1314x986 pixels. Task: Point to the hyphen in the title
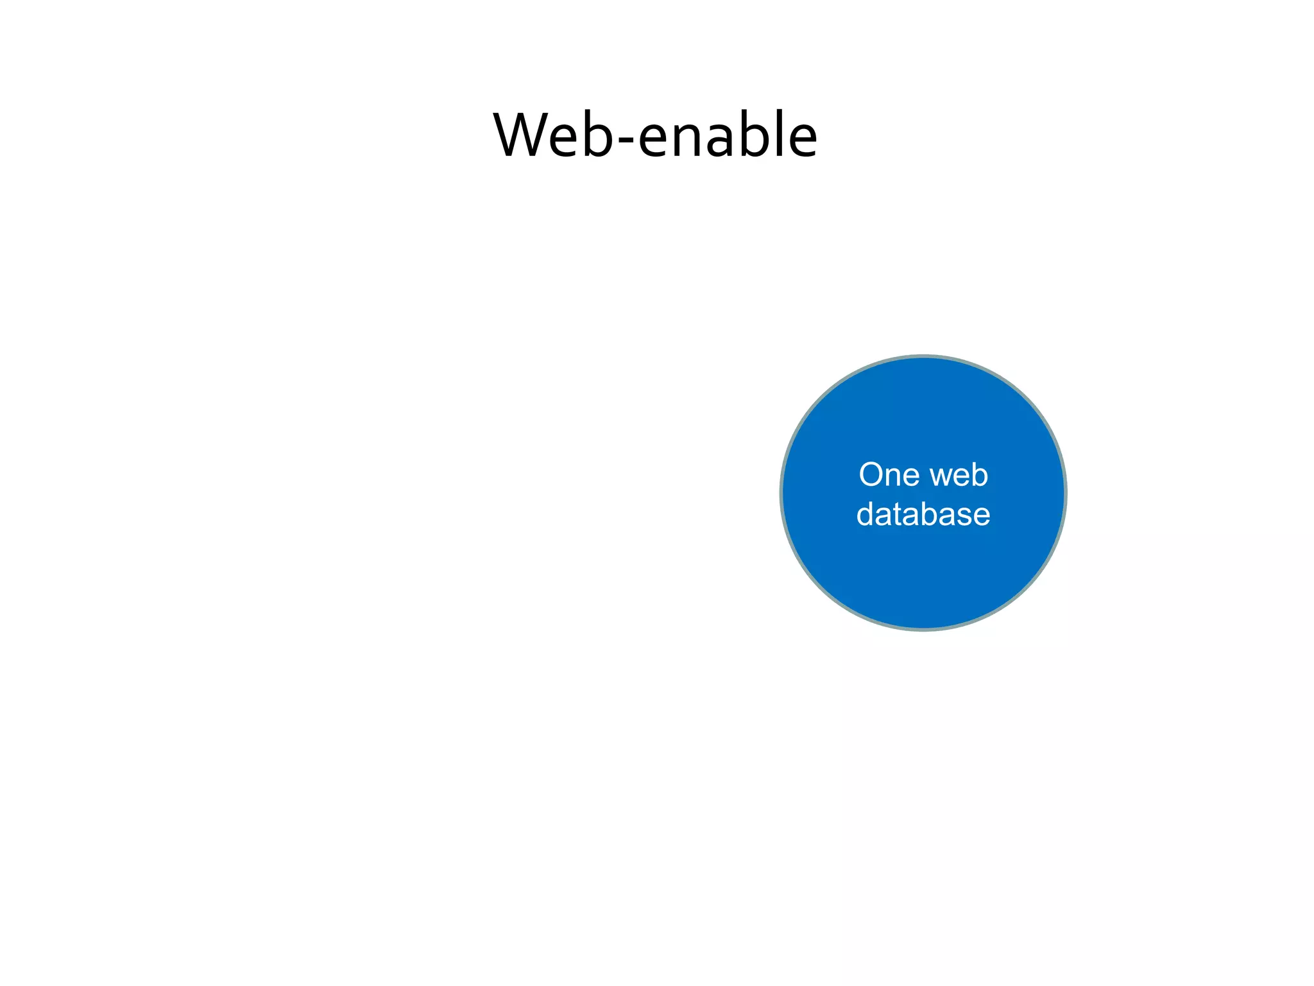click(625, 141)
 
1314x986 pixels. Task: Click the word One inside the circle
click(889, 475)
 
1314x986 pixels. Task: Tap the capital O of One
click(872, 475)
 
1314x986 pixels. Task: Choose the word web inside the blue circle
click(959, 475)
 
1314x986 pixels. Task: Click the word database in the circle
click(923, 514)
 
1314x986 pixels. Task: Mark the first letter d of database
click(866, 514)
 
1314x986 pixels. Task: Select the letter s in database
click(963, 517)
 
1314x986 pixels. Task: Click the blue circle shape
click(923, 578)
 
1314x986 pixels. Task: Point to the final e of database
click(981, 517)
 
